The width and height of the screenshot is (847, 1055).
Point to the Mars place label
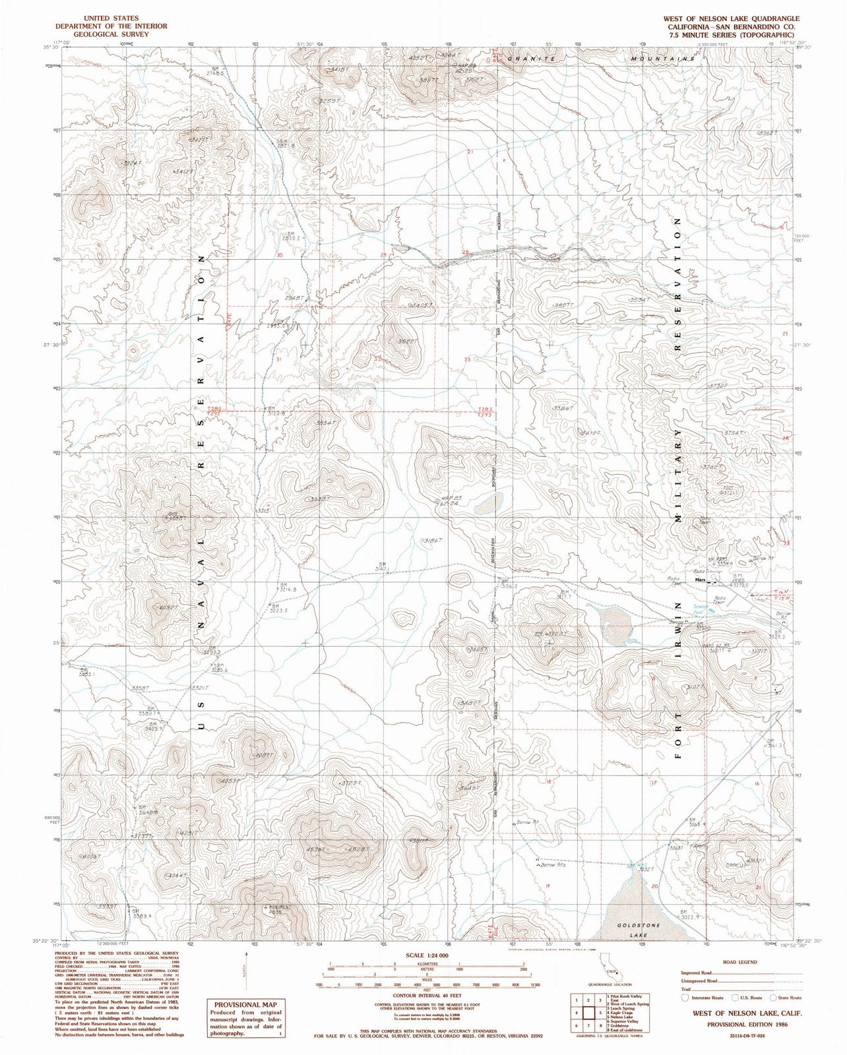[x=701, y=580]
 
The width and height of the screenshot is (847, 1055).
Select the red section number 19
[x=548, y=887]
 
